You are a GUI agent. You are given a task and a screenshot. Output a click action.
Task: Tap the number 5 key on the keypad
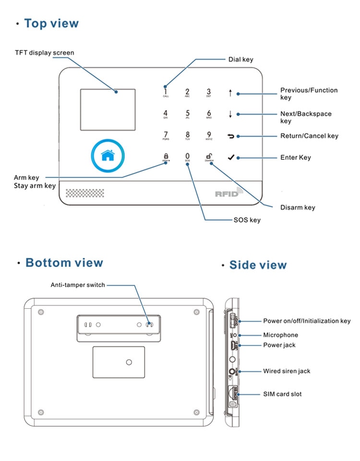point(188,114)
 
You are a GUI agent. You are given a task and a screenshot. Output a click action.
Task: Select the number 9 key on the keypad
point(209,135)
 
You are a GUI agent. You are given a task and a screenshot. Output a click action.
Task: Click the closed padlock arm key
point(166,156)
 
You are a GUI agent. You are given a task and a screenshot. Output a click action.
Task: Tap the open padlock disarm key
point(209,156)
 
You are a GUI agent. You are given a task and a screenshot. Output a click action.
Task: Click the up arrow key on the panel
point(230,93)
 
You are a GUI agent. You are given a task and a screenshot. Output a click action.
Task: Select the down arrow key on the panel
point(230,114)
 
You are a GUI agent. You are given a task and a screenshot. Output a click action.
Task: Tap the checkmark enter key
point(231,157)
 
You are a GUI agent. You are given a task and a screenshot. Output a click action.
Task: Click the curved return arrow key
point(231,136)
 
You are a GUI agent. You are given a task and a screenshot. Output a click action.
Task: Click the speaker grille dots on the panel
point(84,193)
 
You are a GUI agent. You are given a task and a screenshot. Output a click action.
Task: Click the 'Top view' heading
point(51,24)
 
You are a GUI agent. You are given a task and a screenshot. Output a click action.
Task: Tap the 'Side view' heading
point(258,265)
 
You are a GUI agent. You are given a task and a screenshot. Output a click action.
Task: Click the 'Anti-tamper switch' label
point(78,285)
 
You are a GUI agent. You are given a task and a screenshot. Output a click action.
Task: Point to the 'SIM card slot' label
point(282,394)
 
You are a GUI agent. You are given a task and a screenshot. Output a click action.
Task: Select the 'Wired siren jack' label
point(287,371)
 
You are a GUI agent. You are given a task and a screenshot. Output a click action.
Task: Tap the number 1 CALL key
point(166,92)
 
